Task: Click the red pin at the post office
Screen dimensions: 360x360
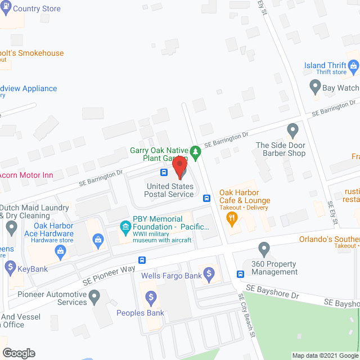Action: point(179,167)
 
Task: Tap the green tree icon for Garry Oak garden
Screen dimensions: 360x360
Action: point(195,151)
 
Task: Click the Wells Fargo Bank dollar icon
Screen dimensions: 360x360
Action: point(209,275)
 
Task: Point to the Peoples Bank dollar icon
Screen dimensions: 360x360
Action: point(151,297)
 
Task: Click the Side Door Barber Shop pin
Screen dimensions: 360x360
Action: point(292,131)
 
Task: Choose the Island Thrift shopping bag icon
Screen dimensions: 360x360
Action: point(353,66)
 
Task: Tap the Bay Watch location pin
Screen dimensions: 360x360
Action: point(315,87)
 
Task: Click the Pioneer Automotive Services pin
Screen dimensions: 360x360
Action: point(94,295)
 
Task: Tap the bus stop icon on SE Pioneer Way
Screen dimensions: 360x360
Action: point(142,260)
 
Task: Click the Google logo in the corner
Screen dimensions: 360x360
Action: point(18,353)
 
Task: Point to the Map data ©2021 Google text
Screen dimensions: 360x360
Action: point(325,355)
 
